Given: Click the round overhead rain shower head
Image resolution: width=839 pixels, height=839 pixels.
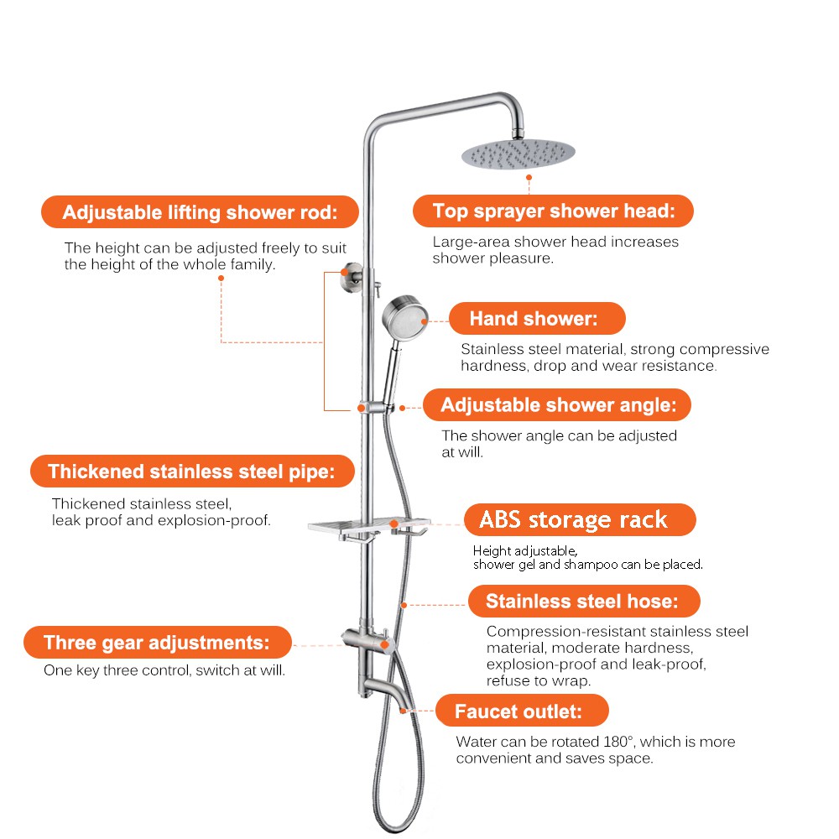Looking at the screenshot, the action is pyautogui.click(x=518, y=154).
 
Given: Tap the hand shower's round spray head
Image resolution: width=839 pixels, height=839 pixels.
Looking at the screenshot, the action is pyautogui.click(x=405, y=318).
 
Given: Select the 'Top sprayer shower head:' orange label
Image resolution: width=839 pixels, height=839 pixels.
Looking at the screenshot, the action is pyautogui.click(x=553, y=211).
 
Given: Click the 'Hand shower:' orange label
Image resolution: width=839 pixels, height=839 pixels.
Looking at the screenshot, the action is pyautogui.click(x=537, y=318).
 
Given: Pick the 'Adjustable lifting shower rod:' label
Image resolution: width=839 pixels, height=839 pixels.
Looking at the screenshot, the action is pyautogui.click(x=201, y=212).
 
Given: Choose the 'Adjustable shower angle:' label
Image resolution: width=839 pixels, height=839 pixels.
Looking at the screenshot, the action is pyautogui.click(x=557, y=405).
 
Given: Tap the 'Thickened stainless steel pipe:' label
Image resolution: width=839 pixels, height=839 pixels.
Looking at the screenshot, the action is pyautogui.click(x=193, y=472).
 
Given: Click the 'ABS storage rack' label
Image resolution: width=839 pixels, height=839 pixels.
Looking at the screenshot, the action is pyautogui.click(x=580, y=519).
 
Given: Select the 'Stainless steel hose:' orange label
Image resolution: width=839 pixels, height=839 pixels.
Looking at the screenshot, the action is pyautogui.click(x=584, y=601).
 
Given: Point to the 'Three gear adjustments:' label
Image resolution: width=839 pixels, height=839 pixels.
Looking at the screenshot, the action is pyautogui.click(x=158, y=642).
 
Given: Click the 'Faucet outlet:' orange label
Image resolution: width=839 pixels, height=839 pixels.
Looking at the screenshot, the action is pyautogui.click(x=522, y=711).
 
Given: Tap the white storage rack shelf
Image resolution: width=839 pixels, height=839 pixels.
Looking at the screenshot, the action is pyautogui.click(x=369, y=525).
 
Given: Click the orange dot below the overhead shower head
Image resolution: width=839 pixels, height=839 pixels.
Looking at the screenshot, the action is pyautogui.click(x=529, y=177).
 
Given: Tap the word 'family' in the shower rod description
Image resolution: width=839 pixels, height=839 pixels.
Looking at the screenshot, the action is pyautogui.click(x=252, y=265).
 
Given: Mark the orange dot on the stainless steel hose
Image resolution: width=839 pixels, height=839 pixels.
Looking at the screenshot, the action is pyautogui.click(x=404, y=605).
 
